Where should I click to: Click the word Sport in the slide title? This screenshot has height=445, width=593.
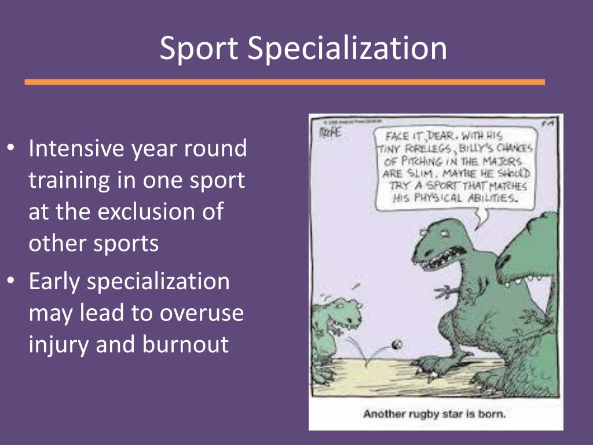coord(199,49)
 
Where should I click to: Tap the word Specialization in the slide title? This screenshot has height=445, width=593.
coord(347,49)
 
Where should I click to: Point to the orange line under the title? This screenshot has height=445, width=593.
coord(284,82)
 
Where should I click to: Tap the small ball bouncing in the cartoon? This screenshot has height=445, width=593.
coord(397,344)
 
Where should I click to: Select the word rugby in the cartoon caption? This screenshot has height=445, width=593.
coord(424,414)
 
